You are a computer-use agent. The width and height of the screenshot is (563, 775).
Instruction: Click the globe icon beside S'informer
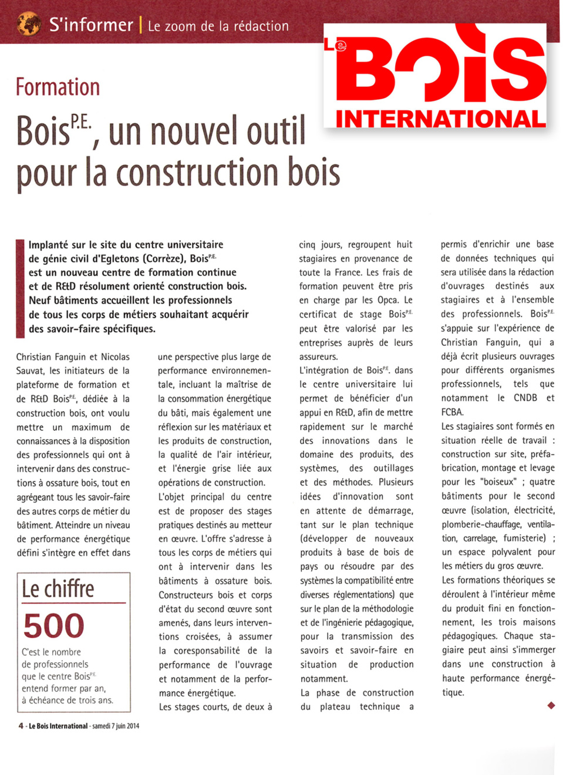click(x=29, y=23)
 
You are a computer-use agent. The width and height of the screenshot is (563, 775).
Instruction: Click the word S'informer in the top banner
click(x=91, y=25)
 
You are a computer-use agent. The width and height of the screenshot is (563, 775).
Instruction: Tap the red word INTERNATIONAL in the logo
click(x=440, y=119)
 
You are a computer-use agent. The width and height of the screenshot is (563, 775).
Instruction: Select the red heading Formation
click(x=58, y=87)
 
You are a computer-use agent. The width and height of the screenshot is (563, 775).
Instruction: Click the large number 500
click(x=53, y=626)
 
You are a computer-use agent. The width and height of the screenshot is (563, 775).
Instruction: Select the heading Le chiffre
click(x=58, y=589)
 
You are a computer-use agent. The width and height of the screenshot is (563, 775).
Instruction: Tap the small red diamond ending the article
click(x=551, y=705)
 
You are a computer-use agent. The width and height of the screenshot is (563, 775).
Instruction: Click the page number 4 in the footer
click(x=21, y=726)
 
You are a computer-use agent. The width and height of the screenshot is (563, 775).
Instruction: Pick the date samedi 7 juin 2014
click(x=116, y=726)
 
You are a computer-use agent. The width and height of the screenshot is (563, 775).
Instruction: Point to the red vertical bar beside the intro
click(x=20, y=288)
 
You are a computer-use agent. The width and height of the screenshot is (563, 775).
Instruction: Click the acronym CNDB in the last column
click(x=525, y=398)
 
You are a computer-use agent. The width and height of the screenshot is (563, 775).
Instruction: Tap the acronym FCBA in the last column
click(x=452, y=412)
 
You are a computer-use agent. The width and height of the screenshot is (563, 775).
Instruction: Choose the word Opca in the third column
click(x=387, y=301)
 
